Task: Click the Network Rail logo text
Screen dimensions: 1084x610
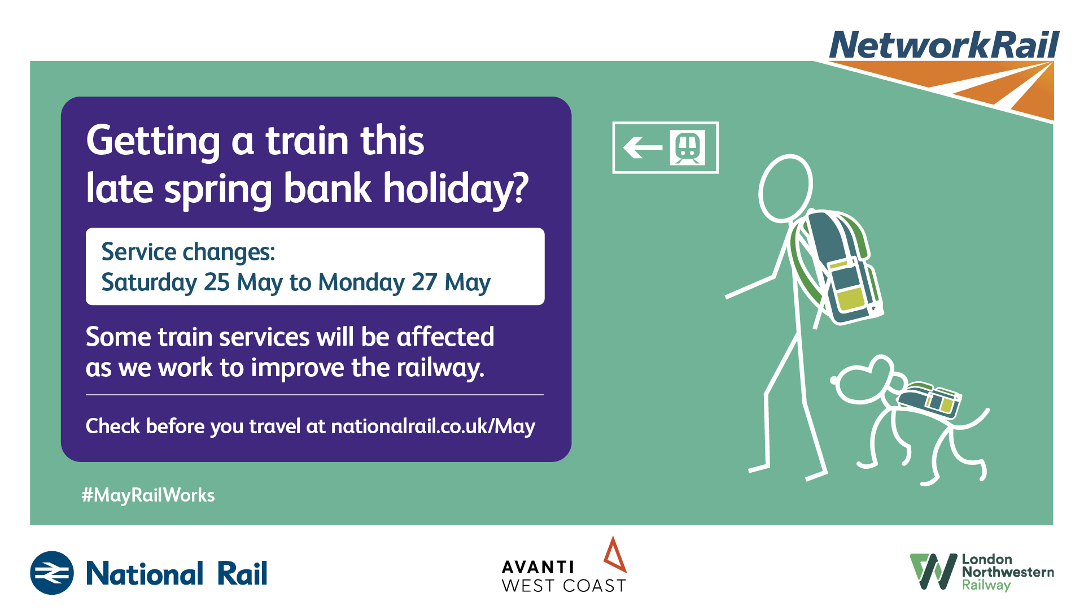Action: click(x=944, y=45)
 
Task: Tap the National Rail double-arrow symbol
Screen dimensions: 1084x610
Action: click(x=52, y=573)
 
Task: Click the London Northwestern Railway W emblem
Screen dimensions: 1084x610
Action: click(x=933, y=572)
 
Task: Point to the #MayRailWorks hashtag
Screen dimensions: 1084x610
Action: click(x=148, y=495)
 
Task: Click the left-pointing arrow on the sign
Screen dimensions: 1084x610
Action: click(x=642, y=148)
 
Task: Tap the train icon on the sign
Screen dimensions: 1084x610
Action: click(x=688, y=147)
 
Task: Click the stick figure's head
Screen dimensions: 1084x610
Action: click(x=785, y=188)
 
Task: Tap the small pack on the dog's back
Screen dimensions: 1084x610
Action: click(x=929, y=400)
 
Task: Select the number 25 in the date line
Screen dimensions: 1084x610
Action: click(x=217, y=282)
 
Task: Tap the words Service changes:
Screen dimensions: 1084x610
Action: click(x=188, y=252)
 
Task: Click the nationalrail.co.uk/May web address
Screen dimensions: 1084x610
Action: click(x=433, y=426)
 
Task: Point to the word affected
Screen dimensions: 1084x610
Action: click(x=445, y=337)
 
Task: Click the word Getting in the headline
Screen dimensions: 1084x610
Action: click(x=153, y=141)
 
